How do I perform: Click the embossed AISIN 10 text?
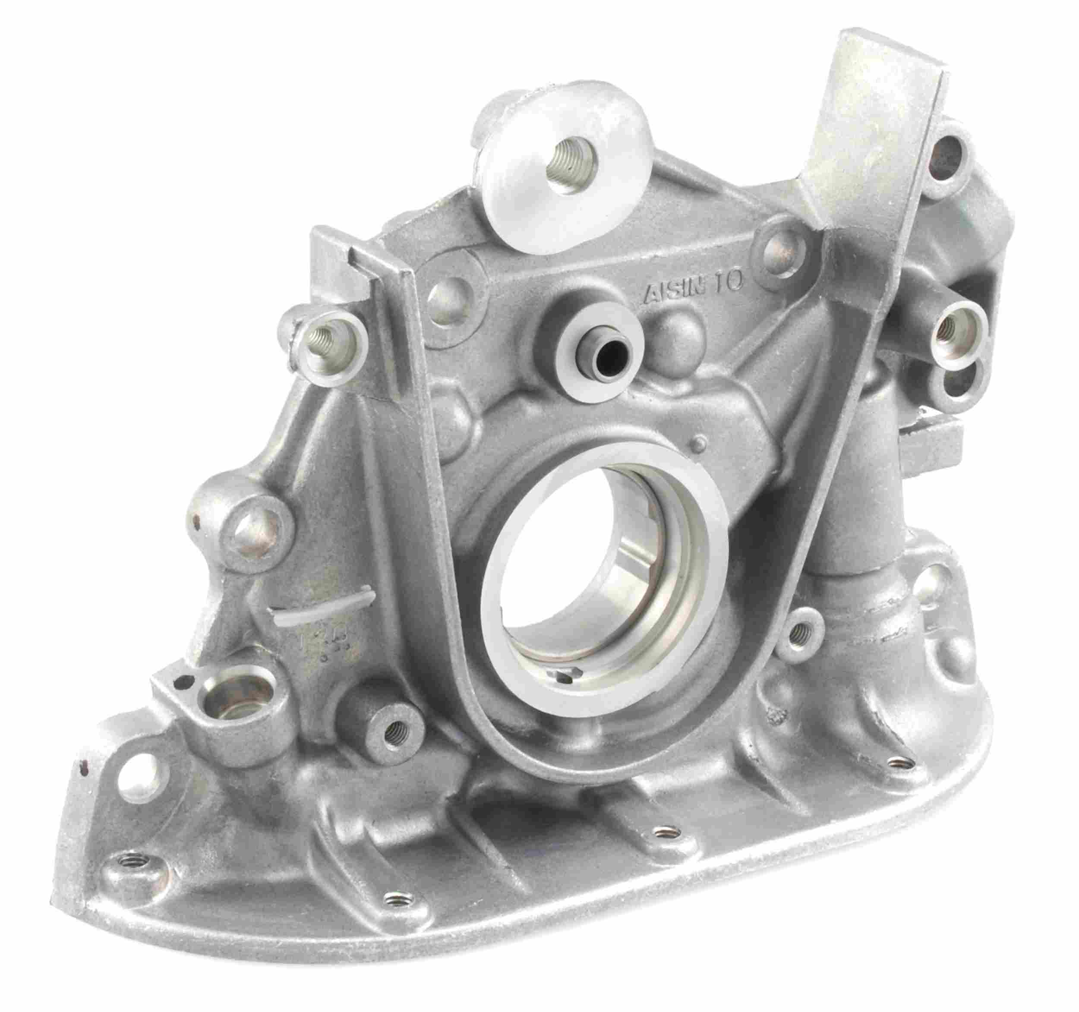click(x=695, y=291)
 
